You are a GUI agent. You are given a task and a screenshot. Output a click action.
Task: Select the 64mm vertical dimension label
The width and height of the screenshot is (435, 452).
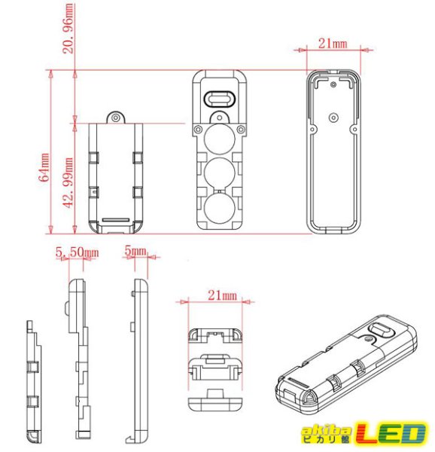coord(44,166)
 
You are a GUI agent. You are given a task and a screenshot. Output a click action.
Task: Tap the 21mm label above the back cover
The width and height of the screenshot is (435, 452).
coord(332,44)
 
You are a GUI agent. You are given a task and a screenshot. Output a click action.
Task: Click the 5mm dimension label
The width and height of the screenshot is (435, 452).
coord(136,249)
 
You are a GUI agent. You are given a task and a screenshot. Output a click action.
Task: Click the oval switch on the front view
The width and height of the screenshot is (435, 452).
coord(219,99)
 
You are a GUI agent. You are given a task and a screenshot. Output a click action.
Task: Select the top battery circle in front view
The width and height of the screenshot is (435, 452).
coord(219,138)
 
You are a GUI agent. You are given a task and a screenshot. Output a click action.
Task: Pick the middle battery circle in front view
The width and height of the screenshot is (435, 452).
coord(219,173)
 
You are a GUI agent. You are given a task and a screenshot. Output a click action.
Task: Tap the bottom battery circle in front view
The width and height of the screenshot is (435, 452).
coord(219,209)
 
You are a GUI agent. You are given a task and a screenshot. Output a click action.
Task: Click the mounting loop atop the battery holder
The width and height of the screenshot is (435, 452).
coord(115,118)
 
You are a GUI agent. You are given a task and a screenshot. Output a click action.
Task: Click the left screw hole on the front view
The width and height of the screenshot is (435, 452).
coord(198,130)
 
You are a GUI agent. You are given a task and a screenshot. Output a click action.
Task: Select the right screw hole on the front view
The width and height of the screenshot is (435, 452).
coord(240,130)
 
